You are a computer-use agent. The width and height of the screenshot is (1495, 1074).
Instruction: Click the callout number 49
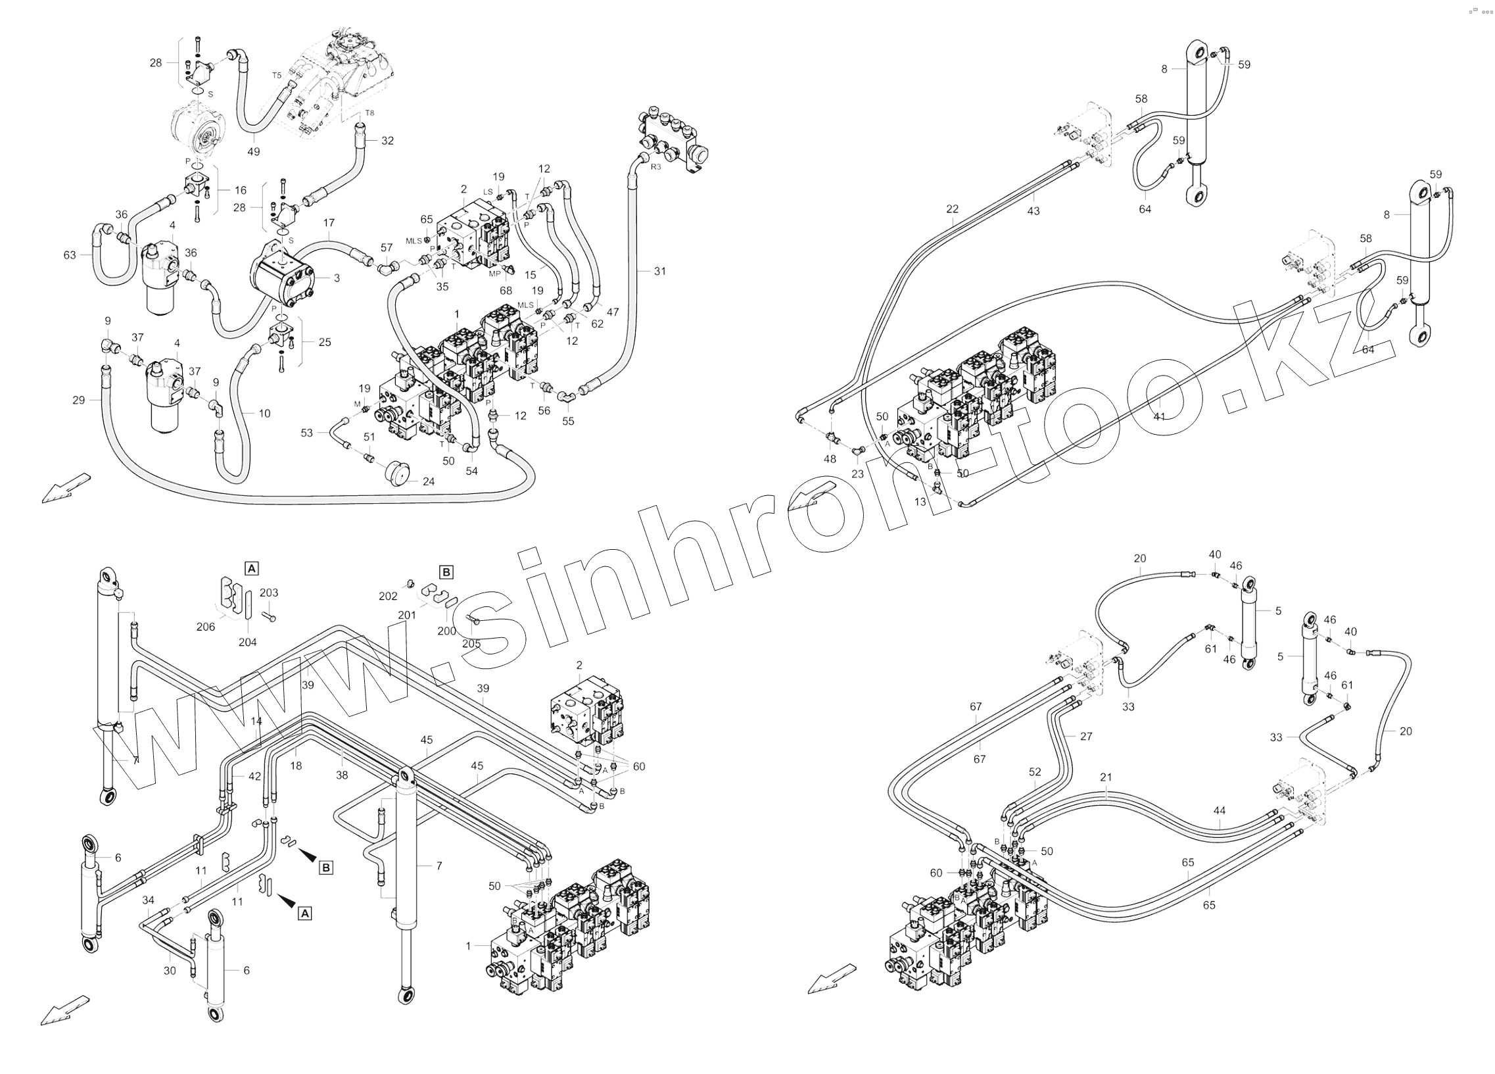[x=254, y=152]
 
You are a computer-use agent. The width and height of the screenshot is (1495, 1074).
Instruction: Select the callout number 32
[x=388, y=141]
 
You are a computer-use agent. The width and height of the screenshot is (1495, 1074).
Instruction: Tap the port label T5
[x=277, y=75]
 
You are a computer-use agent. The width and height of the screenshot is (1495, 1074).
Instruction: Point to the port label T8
[x=369, y=113]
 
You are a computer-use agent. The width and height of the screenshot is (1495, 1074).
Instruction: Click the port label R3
[x=655, y=167]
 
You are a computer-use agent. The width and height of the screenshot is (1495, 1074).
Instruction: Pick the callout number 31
[x=660, y=271]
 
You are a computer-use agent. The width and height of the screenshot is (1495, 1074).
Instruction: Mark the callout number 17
[x=329, y=223]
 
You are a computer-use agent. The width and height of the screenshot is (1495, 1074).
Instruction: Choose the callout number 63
[x=70, y=255]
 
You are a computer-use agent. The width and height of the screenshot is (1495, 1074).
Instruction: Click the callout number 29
[x=78, y=399]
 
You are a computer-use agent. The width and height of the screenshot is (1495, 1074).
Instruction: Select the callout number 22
[x=952, y=209]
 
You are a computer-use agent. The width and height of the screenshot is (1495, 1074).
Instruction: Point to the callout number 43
[x=1033, y=211]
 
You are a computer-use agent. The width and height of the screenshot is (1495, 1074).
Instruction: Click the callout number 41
[x=1160, y=417]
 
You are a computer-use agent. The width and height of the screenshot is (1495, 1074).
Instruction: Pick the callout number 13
[x=920, y=502]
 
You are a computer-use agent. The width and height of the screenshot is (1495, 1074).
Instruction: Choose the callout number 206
[x=206, y=626]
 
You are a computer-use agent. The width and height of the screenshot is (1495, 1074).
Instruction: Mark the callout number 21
[x=1106, y=777]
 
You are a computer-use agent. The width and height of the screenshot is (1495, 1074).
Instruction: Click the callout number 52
[x=1035, y=772]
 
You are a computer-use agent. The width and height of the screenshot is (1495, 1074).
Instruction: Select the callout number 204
[x=248, y=642]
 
